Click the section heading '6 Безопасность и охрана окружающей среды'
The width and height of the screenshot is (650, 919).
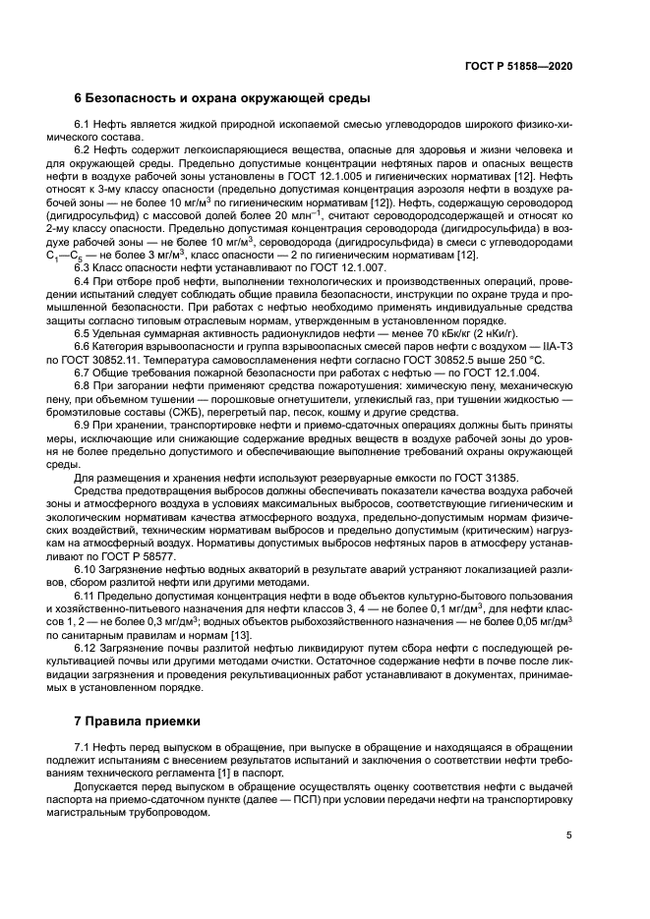tap(222, 98)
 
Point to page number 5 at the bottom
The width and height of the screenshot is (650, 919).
tap(568, 836)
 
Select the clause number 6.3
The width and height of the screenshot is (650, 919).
tap(86, 268)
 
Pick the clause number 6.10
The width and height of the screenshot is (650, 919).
tap(89, 570)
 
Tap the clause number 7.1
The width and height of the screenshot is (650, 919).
tap(86, 749)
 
